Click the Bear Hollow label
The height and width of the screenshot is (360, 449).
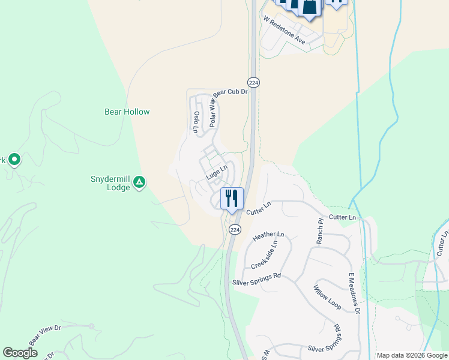point(127,112)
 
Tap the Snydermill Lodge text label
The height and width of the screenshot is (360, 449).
point(110,183)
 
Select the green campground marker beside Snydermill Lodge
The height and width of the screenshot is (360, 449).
point(139,181)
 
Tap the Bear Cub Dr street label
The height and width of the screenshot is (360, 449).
point(231,92)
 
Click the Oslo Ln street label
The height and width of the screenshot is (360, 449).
point(196,121)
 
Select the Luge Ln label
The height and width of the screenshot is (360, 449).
point(217,173)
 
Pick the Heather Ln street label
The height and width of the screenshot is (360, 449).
point(268,236)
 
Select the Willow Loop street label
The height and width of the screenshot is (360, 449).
point(327,297)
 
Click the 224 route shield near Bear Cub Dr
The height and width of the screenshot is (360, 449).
point(253,82)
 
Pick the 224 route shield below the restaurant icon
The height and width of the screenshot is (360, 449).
point(235,230)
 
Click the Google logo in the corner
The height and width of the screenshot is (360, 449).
point(20,353)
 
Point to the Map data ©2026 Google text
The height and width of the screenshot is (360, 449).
point(412,355)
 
